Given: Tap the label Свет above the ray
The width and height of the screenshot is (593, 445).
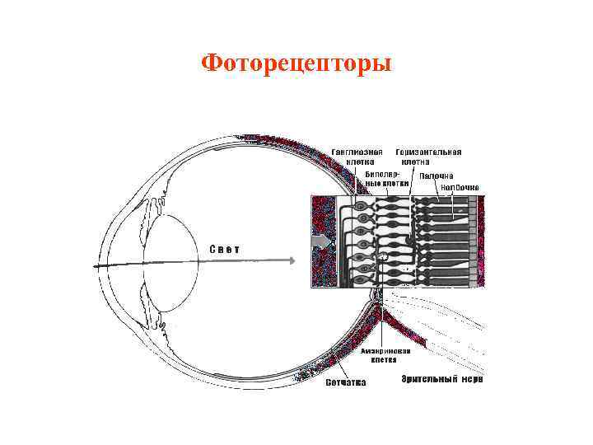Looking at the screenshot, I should pos(224,248).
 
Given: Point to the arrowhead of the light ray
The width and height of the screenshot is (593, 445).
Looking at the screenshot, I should pos(291,260).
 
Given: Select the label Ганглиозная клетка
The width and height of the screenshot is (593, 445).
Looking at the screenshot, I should pos(357,157).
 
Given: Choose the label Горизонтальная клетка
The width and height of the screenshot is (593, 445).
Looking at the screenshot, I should pos(427,157).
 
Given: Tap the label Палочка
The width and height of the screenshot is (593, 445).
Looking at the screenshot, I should pos(437,176).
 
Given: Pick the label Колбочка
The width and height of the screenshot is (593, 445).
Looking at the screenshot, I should pos(459,187).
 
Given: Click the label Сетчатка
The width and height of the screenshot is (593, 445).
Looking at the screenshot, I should pos(346,382).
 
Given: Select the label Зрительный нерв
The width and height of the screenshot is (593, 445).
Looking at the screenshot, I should pos(441,379).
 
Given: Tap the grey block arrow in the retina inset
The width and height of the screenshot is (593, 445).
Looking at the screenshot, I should pos(321,241).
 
